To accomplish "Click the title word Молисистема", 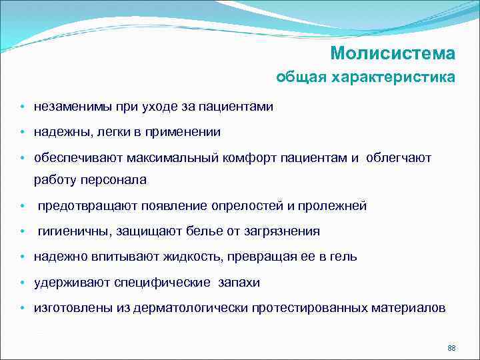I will point(393,53).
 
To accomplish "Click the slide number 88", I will point(451,349).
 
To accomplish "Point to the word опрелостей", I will point(247,206).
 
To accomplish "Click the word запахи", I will point(239,283).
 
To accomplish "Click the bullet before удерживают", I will point(22,283).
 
